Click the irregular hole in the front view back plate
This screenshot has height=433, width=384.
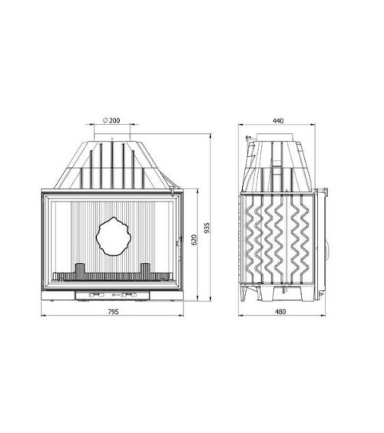tap(112, 236)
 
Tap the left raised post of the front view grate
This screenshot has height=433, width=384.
tap(79, 269)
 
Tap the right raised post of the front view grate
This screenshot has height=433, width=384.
tap(145, 269)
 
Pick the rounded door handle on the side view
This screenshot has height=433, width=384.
tap(329, 251)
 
